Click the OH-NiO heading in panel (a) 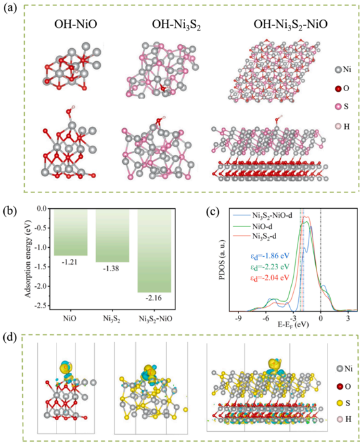[x=75, y=25]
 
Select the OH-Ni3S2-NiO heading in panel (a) [x=290, y=25]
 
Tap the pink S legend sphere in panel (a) [x=338, y=107]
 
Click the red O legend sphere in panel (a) [x=338, y=88]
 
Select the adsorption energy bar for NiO [x=71, y=232]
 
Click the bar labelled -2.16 [x=154, y=251]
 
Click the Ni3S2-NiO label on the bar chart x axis [x=155, y=319]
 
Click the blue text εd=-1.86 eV [x=270, y=256]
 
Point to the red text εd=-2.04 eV [x=270, y=278]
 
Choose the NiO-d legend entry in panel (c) [x=262, y=226]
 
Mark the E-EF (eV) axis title [x=294, y=325]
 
